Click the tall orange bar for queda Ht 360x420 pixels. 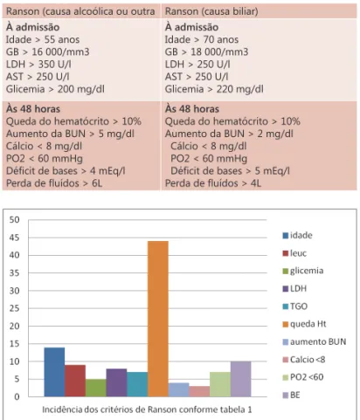coord(158,319)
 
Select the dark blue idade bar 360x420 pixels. coord(54,372)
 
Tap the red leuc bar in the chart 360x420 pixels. coord(75,381)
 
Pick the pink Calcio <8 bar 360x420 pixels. coord(199,391)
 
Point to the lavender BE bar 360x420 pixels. coord(240,379)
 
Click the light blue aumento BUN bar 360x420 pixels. coord(178,389)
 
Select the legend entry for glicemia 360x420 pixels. coord(303,271)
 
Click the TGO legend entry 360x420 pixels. coord(295,306)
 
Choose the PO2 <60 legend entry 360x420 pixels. coord(303,377)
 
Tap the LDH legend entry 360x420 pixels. coord(294,288)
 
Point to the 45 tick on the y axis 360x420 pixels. coord(14,238)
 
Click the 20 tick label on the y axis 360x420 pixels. coord(14,327)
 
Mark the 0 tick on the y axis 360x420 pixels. coord(17,397)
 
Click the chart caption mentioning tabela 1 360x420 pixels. coord(147,410)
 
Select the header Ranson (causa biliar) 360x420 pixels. coord(211,11)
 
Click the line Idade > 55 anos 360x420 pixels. coord(43,39)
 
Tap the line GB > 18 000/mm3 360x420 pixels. coord(206,52)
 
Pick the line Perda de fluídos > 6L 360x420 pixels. coord(54,183)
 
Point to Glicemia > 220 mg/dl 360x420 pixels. coord(214,89)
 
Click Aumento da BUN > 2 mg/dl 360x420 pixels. coord(229,134)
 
